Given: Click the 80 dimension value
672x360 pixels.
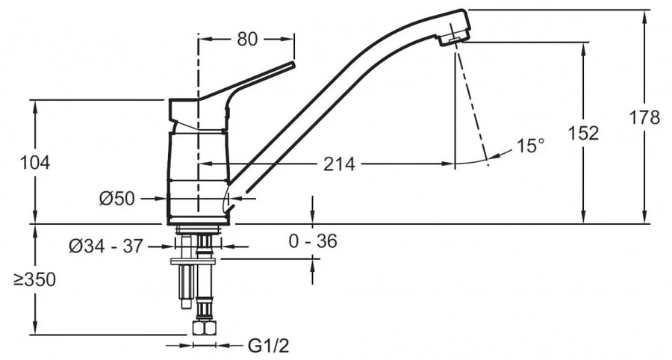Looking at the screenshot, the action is [x=247, y=39].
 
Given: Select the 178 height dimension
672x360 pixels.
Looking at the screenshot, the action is [x=644, y=117].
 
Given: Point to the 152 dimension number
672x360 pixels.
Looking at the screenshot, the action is [x=583, y=133].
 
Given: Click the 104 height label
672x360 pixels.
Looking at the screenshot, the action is [x=35, y=163].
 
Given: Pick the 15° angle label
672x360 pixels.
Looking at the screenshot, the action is [x=530, y=146].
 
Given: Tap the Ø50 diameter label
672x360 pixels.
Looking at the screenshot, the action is [x=117, y=199].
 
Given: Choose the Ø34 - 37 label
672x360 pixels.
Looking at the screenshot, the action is [x=105, y=246].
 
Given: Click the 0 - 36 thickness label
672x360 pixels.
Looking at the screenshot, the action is [x=313, y=241].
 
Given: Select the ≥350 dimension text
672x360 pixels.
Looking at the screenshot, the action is [x=34, y=280].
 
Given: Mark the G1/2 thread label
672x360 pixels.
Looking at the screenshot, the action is [x=269, y=346].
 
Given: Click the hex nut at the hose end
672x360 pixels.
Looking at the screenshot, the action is [x=205, y=329].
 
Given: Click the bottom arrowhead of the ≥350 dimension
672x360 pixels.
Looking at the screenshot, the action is [x=35, y=329].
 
